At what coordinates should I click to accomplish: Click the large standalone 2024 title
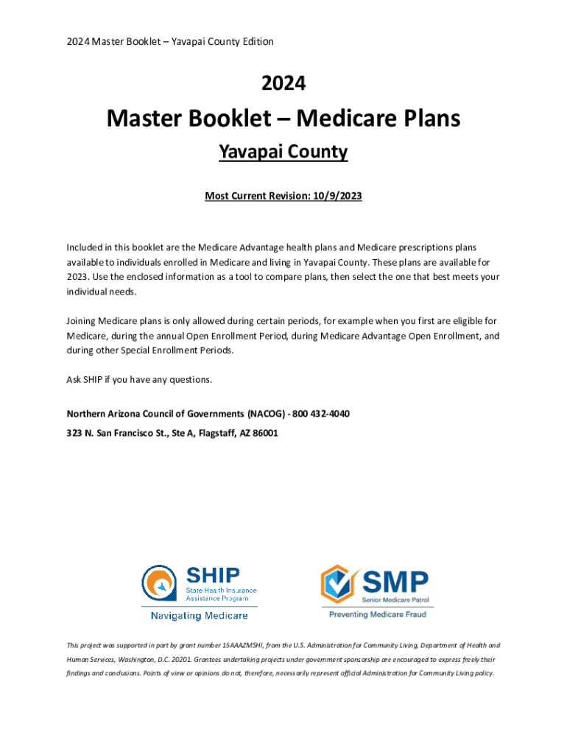point(283,84)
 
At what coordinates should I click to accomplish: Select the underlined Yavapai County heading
point(283,152)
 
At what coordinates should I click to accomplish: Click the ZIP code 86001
point(264,433)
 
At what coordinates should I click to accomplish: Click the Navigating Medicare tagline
point(199,616)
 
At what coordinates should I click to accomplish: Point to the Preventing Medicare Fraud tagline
point(377,613)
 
